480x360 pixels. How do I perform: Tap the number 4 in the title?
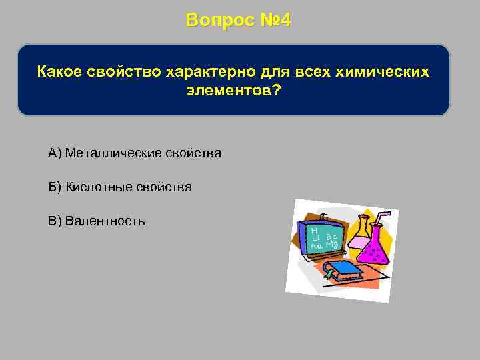tap(285, 20)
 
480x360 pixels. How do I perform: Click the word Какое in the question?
tap(60, 71)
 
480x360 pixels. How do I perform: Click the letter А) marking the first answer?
tap(55, 154)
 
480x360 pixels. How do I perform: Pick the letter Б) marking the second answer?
tap(55, 187)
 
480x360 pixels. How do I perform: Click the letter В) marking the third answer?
tap(55, 221)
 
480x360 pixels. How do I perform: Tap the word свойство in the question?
tap(122, 71)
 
